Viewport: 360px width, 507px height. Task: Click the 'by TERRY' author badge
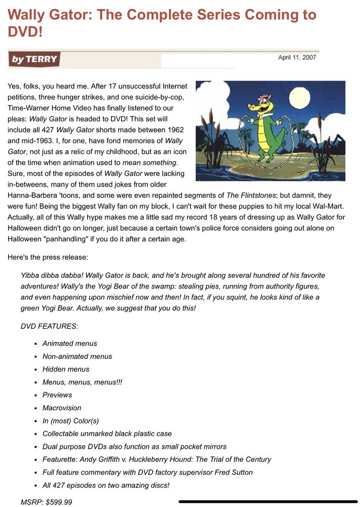pos(34,59)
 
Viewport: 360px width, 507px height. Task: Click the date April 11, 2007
pos(297,57)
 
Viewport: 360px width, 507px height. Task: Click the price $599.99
pos(57,502)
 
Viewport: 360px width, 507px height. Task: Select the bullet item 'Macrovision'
pos(61,408)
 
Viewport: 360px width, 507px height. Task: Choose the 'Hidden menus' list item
pos(66,369)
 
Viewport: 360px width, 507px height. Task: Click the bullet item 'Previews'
pos(57,395)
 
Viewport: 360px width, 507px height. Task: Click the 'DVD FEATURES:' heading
pos(49,327)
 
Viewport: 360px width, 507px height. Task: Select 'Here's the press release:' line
pos(48,257)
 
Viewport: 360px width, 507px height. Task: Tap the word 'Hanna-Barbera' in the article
pos(31,195)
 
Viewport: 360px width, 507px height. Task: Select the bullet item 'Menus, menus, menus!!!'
pos(82,382)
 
